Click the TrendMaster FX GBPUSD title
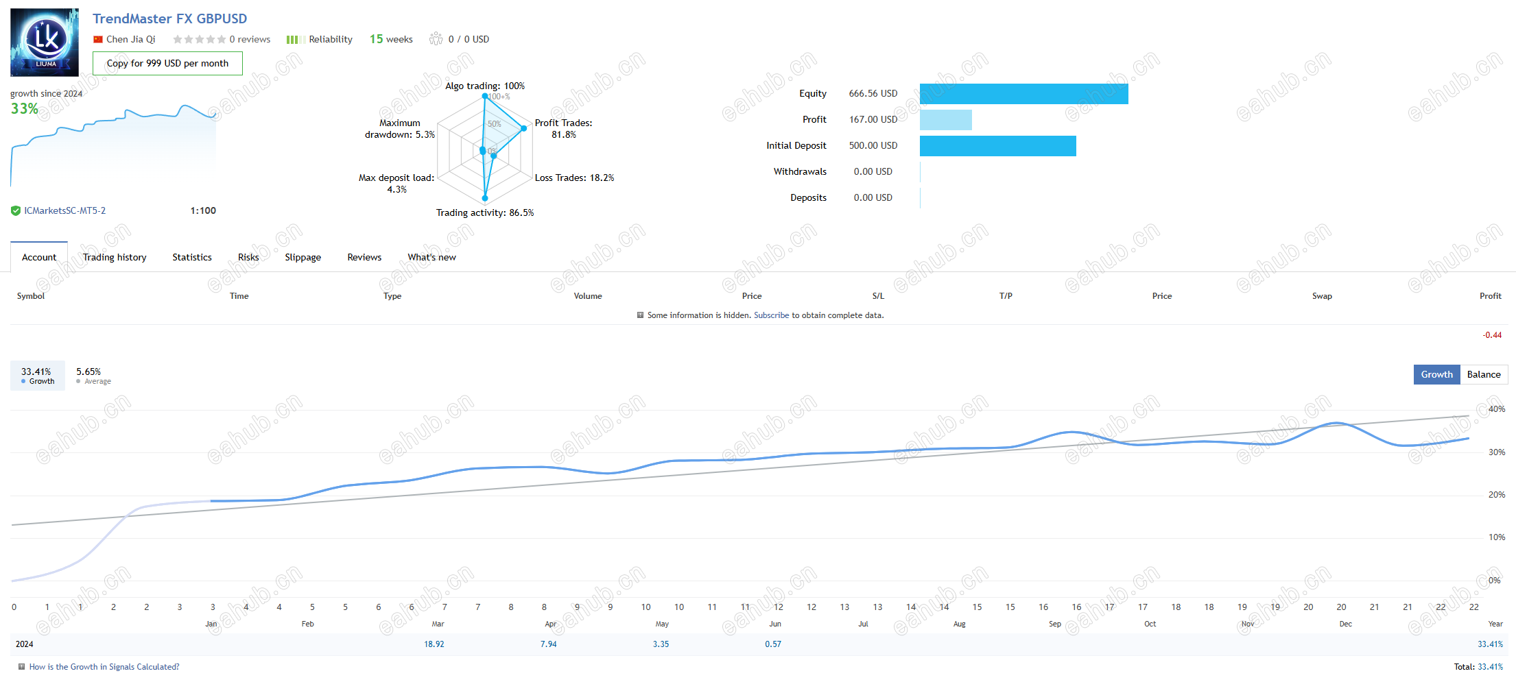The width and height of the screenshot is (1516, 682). pos(169,19)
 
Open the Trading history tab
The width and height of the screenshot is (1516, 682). pos(115,257)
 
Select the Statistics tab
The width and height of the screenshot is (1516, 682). pos(192,257)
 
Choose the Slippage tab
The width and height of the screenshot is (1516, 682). pos(303,257)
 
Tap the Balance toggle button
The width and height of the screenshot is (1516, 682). pos(1484,374)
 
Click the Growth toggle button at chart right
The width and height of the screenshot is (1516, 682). pos(1437,374)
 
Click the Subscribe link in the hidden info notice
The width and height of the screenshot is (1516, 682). pos(772,315)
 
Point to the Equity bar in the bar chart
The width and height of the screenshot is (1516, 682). pos(1024,94)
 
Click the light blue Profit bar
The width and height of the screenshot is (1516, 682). pos(946,120)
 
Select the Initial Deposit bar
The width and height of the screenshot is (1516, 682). pos(998,146)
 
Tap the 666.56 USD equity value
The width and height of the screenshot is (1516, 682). pos(873,93)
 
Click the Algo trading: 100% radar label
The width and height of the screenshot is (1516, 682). pos(485,86)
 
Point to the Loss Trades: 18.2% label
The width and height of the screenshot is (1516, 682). pos(575,178)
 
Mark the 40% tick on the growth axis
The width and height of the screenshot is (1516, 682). pos(1497,409)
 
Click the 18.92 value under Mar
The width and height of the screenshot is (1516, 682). pos(434,644)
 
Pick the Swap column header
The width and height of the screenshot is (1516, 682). pos(1322,296)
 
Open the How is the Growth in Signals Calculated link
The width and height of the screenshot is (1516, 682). pos(104,667)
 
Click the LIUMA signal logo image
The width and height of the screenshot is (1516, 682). pos(45,42)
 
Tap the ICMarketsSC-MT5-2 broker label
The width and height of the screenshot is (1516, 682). pos(65,210)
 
